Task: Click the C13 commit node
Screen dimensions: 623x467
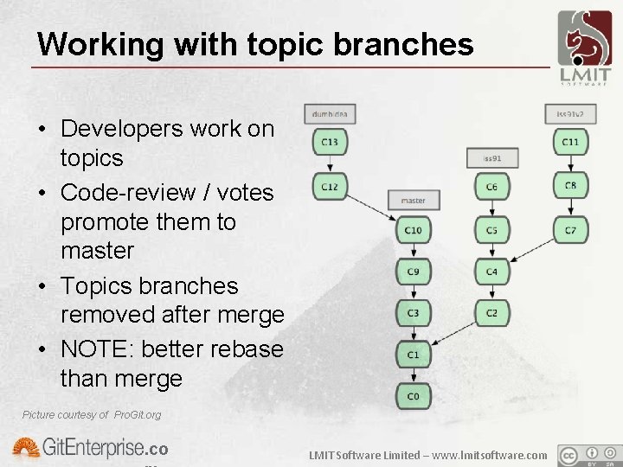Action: pos(330,142)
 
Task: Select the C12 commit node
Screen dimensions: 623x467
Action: pos(330,186)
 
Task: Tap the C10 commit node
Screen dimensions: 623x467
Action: pos(414,230)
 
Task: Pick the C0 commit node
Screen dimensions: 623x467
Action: pos(414,395)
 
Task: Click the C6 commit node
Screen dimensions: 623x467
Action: pos(491,187)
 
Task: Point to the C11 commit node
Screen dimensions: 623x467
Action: pos(570,142)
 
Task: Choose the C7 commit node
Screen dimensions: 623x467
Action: pos(570,230)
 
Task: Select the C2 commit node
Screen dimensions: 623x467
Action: pos(491,312)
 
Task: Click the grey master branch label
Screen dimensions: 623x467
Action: pos(414,200)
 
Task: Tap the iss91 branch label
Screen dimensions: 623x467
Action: pos(491,157)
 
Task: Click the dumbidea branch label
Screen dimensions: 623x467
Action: pos(330,113)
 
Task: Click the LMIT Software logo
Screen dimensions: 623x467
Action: pos(583,48)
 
